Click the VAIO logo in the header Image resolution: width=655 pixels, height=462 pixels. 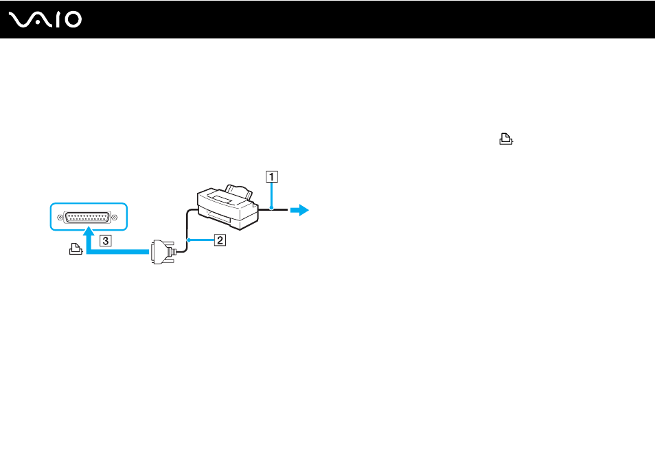tap(45, 20)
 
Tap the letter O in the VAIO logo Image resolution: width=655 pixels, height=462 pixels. tap(73, 20)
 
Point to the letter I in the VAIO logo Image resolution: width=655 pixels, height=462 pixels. tap(58, 20)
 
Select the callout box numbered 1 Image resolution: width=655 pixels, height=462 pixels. tap(272, 176)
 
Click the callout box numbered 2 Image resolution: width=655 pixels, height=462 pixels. tap(220, 240)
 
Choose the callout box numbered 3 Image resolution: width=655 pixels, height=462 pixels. tap(106, 240)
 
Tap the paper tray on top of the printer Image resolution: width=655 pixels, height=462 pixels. tap(238, 191)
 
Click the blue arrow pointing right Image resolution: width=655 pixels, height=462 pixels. tap(299, 210)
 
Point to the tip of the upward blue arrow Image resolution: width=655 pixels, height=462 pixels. tap(89, 227)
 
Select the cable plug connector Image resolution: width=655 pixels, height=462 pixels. tap(163, 252)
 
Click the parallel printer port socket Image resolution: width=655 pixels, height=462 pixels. tap(87, 217)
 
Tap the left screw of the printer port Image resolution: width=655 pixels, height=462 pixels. tap(60, 218)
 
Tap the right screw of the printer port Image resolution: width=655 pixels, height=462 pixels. tap(115, 217)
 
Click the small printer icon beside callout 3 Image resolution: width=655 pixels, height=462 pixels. tap(76, 249)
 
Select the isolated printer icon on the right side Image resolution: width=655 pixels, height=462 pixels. tap(506, 139)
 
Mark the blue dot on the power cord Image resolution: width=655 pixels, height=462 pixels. tap(271, 208)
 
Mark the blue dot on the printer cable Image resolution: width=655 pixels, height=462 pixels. tap(189, 240)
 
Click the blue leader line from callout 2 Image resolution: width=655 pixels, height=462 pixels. tap(201, 240)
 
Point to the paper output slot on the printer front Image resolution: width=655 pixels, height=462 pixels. tap(219, 218)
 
